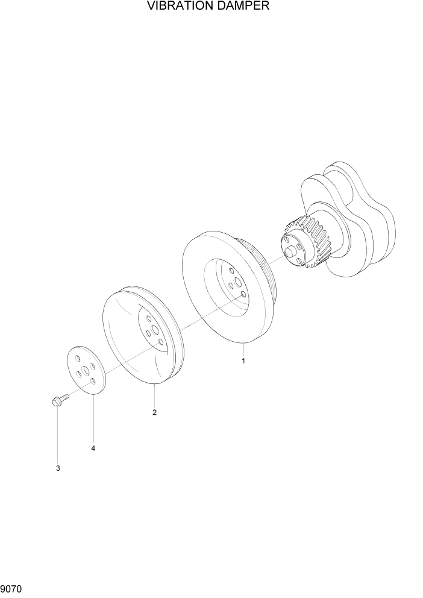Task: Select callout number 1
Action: coord(243,361)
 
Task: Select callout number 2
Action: coord(155,412)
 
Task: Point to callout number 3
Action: coord(58,468)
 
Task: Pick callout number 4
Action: coord(93,448)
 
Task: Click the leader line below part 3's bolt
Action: coord(58,434)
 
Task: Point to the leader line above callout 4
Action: coord(93,416)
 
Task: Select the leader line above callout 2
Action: coord(155,395)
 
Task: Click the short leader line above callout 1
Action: coord(243,348)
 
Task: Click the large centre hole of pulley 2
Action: coord(155,330)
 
